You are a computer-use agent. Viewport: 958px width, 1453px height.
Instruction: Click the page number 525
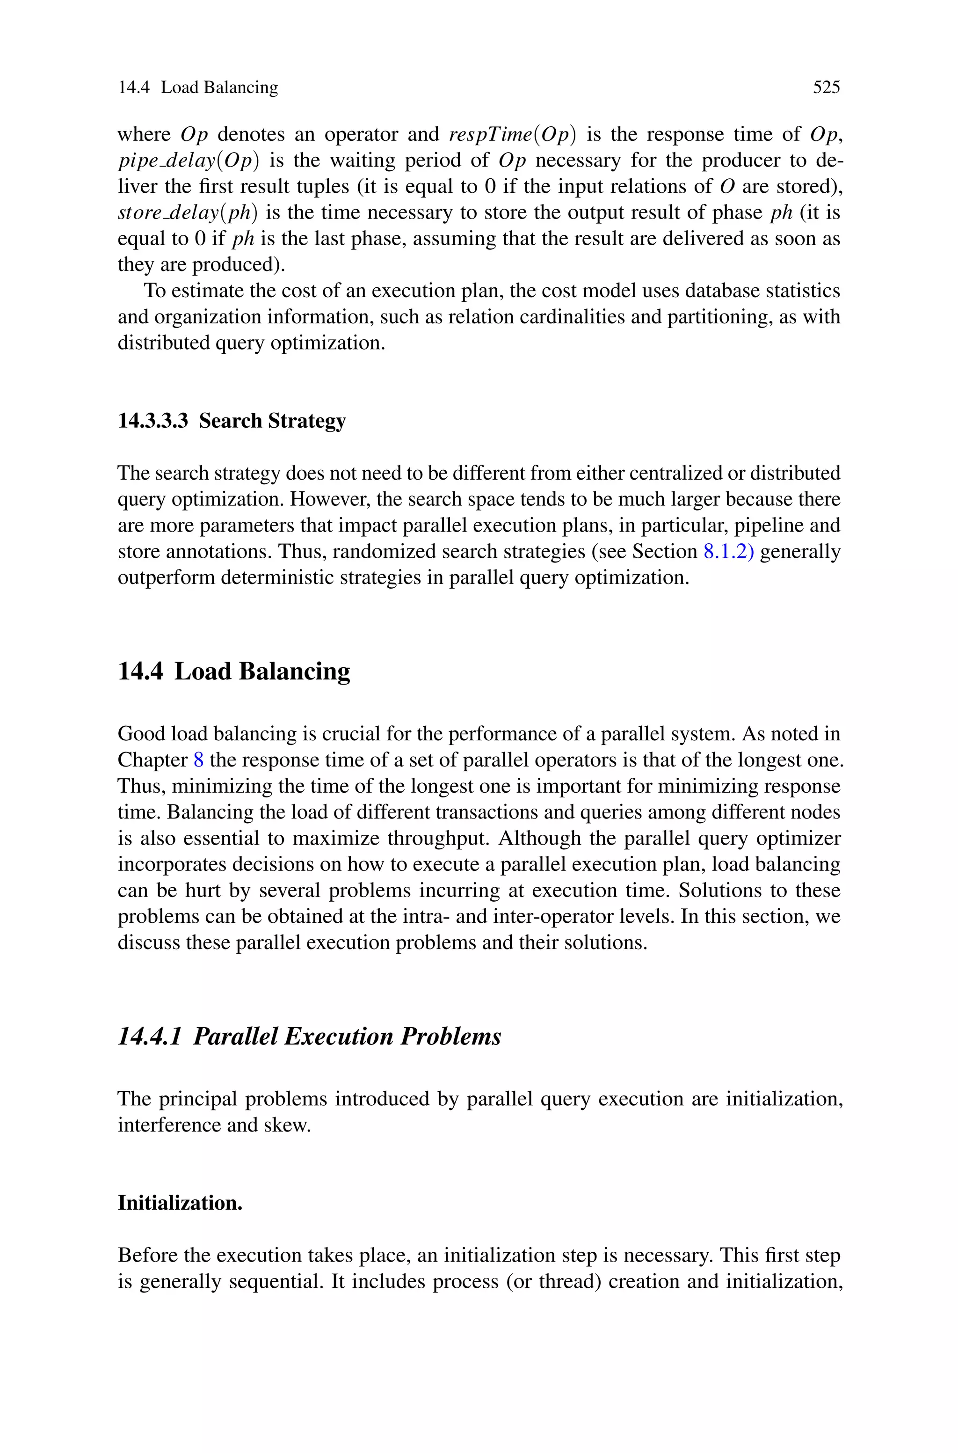click(x=826, y=88)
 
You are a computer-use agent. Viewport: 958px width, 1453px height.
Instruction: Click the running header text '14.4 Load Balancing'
click(x=197, y=88)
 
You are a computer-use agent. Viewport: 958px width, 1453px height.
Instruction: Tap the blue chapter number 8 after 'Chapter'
click(x=198, y=759)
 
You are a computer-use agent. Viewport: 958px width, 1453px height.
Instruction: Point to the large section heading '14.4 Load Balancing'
click(x=233, y=671)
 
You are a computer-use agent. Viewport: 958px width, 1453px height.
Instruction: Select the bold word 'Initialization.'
click(x=180, y=1203)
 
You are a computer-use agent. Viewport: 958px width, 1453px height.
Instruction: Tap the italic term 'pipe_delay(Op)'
click(x=188, y=160)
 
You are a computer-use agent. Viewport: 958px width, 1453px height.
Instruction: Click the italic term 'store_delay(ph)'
click(x=187, y=212)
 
